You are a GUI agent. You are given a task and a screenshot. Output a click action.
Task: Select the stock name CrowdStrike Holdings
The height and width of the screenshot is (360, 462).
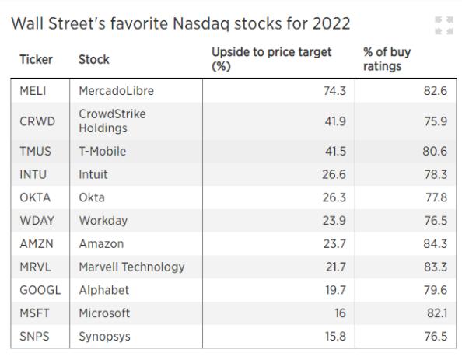(x=112, y=121)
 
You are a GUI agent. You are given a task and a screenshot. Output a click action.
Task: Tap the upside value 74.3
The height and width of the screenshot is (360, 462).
(x=334, y=91)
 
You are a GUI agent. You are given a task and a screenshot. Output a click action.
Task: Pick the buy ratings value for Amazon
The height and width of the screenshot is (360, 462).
(x=436, y=244)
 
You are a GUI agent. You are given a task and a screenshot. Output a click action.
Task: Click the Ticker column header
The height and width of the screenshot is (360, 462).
(x=36, y=60)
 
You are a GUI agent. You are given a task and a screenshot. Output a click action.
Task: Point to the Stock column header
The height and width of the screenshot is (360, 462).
(x=94, y=60)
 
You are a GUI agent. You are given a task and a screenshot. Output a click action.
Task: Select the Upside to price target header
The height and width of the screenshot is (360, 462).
(x=271, y=59)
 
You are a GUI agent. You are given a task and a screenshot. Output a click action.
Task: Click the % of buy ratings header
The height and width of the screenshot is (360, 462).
(x=387, y=59)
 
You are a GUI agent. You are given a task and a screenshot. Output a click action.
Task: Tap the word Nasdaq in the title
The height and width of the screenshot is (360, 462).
(x=201, y=23)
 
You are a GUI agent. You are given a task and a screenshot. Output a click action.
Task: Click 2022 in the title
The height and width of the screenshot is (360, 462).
(x=331, y=23)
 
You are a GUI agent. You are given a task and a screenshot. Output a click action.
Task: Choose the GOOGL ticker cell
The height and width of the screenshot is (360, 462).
(x=40, y=290)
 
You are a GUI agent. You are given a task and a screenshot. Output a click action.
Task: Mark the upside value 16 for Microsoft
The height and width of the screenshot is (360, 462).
(x=340, y=313)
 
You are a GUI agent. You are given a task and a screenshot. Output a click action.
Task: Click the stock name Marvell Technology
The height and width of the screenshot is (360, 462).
(x=131, y=267)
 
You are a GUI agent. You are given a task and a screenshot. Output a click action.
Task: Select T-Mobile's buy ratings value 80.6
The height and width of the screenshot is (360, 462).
(x=435, y=151)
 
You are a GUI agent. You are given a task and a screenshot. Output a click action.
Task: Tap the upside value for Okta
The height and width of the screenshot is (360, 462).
(x=334, y=197)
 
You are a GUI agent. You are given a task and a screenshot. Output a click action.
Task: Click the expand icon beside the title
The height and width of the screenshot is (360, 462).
(x=444, y=26)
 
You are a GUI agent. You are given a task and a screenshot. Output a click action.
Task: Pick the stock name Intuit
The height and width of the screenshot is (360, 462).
(x=93, y=174)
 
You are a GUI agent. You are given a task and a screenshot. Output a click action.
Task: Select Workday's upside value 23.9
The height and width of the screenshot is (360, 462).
(x=334, y=221)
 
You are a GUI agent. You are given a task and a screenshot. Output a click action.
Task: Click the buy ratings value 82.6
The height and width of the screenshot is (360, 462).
(x=436, y=91)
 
